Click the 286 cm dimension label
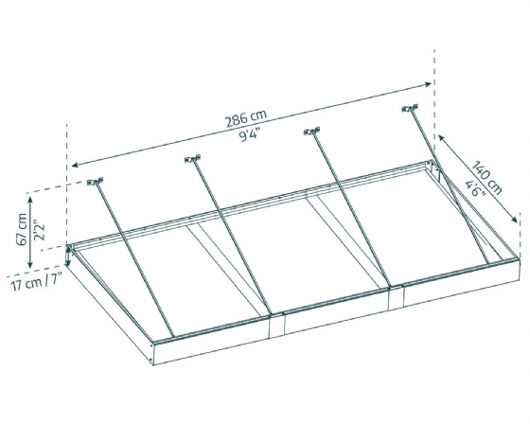coord(246,118)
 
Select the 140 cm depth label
coord(486,178)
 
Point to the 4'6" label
coord(475,188)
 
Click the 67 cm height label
coord(22,229)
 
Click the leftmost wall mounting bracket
coord(95,182)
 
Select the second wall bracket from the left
coord(193,159)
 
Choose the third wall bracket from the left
coord(311,132)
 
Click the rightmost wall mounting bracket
coord(410,108)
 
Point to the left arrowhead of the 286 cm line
coord(74,165)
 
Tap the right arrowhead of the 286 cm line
coord(428,83)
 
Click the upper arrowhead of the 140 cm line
coord(441,138)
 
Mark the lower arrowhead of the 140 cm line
coord(514,220)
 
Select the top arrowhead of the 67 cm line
coord(30,200)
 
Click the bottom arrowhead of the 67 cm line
coord(30,263)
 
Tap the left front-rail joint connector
coord(276,326)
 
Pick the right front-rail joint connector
coord(396,298)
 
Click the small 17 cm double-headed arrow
coord(69,256)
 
